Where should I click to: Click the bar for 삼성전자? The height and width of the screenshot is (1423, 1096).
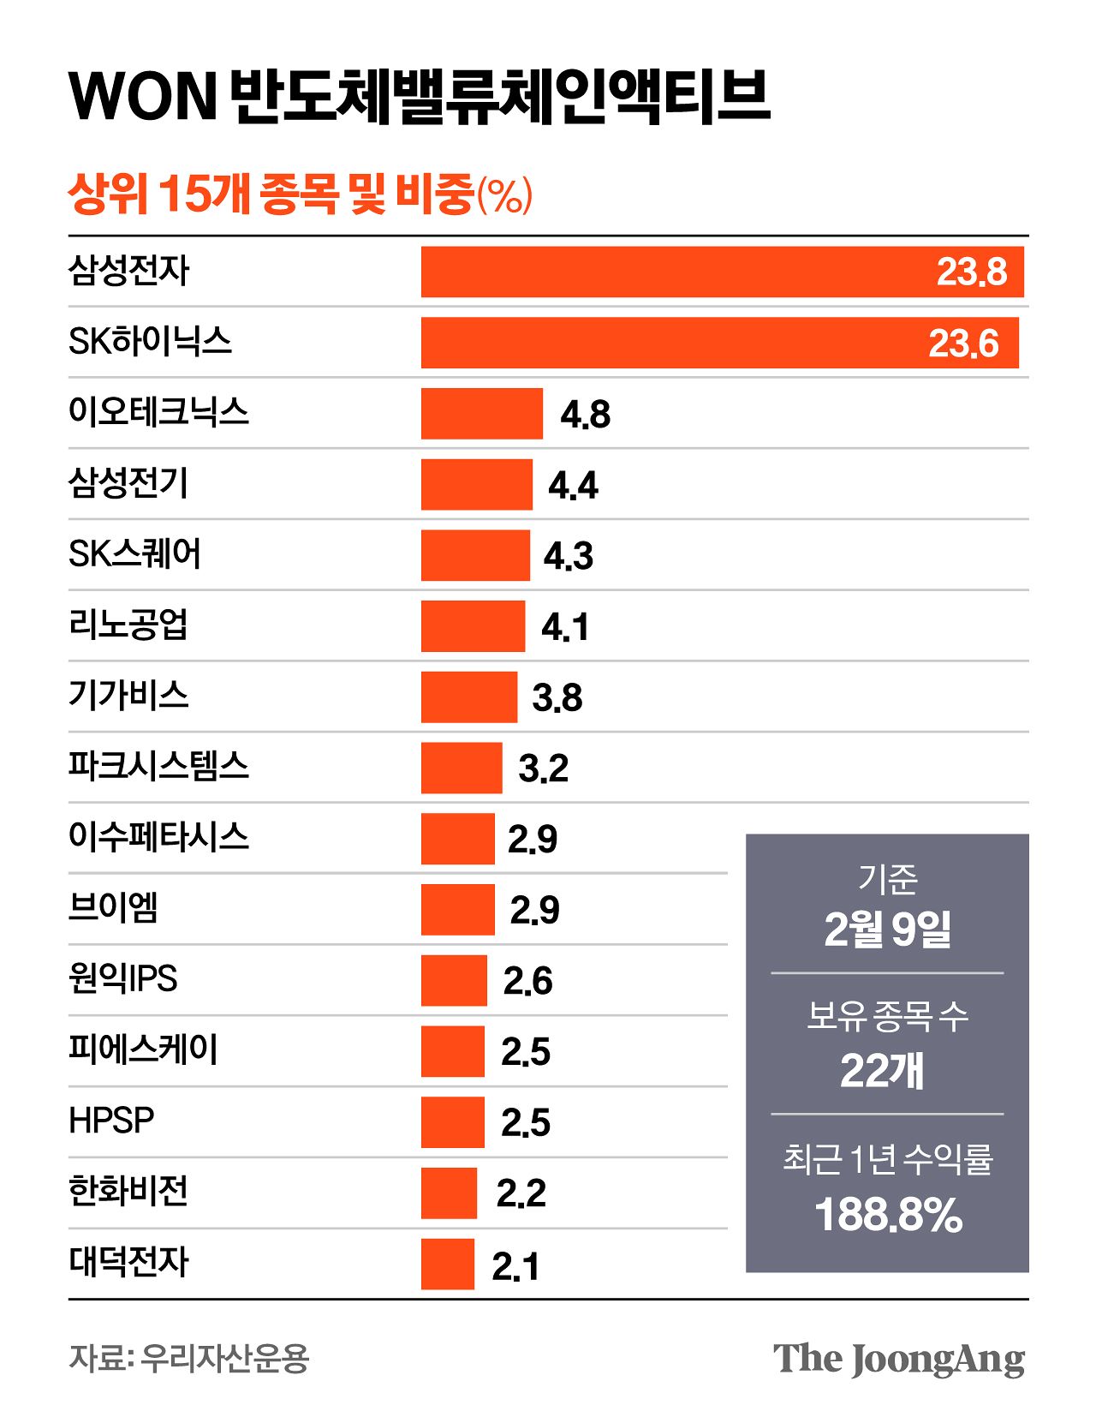click(x=722, y=272)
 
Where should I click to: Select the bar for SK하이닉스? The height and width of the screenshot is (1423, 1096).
click(x=719, y=343)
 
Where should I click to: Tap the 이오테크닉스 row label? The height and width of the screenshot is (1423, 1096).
click(x=158, y=412)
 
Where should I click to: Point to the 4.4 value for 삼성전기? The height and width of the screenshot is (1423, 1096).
click(x=573, y=486)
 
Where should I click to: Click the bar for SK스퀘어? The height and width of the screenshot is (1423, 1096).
click(x=475, y=555)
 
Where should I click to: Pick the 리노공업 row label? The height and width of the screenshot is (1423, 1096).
click(x=128, y=625)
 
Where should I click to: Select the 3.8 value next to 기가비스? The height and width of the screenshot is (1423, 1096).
click(x=557, y=698)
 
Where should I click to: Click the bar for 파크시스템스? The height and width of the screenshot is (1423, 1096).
click(x=462, y=768)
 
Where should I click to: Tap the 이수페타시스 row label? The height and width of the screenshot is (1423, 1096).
click(x=158, y=836)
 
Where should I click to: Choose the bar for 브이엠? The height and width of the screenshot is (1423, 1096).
click(x=457, y=909)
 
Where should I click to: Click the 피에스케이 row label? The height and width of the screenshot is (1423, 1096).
click(x=143, y=1049)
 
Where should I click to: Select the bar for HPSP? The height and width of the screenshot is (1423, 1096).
click(x=452, y=1121)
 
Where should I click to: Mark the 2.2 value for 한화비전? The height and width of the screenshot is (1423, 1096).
click(x=521, y=1193)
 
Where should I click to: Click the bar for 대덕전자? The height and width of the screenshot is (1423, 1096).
click(x=447, y=1264)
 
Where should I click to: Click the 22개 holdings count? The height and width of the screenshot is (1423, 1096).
click(x=882, y=1071)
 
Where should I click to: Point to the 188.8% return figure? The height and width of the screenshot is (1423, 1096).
click(x=888, y=1215)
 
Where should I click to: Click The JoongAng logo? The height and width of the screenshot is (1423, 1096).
click(x=898, y=1359)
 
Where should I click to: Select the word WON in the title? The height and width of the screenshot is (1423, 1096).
click(x=143, y=96)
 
